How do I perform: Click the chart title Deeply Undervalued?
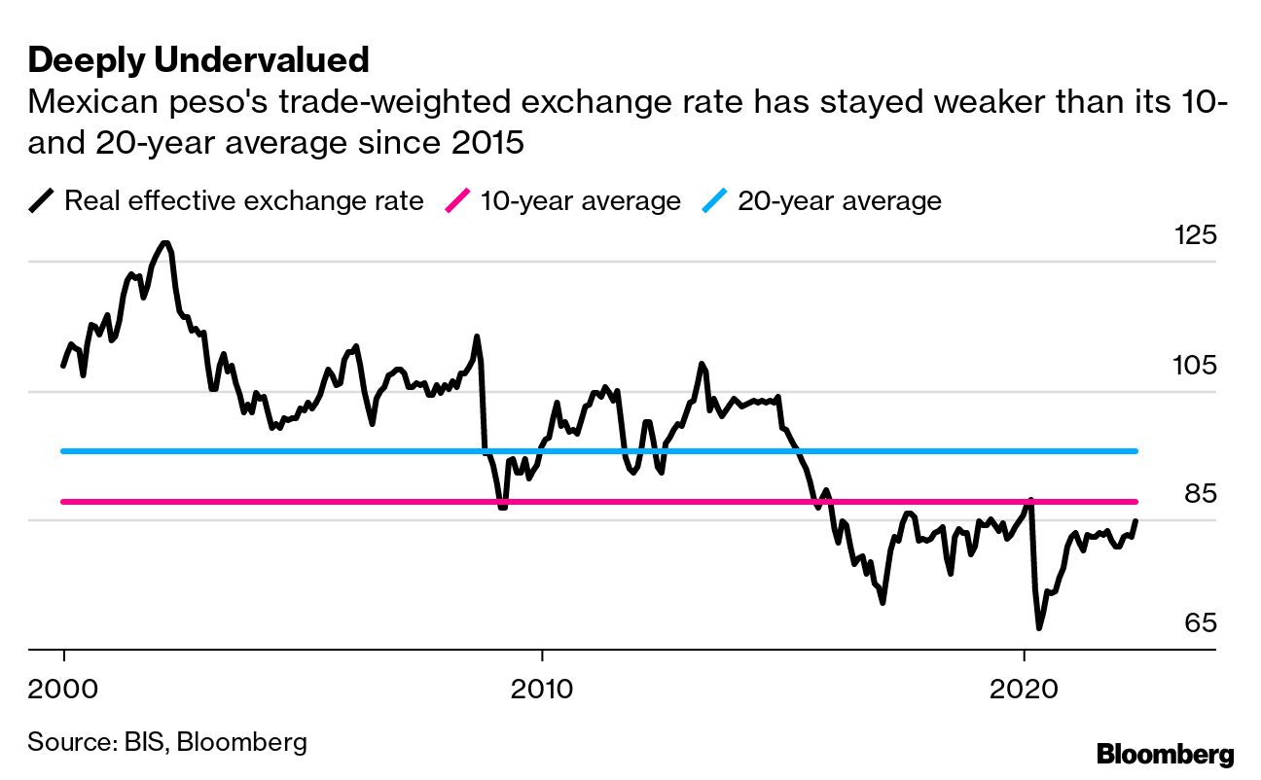(198, 60)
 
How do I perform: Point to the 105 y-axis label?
(1194, 367)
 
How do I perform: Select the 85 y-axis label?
(1199, 495)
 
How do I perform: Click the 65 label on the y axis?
(1199, 623)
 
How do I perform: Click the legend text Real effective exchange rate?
(243, 201)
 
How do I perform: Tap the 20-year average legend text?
(840, 201)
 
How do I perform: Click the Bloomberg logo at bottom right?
(1165, 754)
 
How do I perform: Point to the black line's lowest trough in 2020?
(1038, 628)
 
